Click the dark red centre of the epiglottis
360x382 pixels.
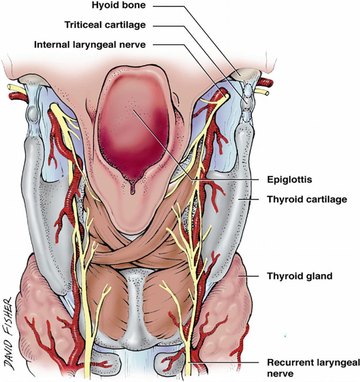[x=134, y=132]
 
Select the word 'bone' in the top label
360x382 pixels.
[x=125, y=6]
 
